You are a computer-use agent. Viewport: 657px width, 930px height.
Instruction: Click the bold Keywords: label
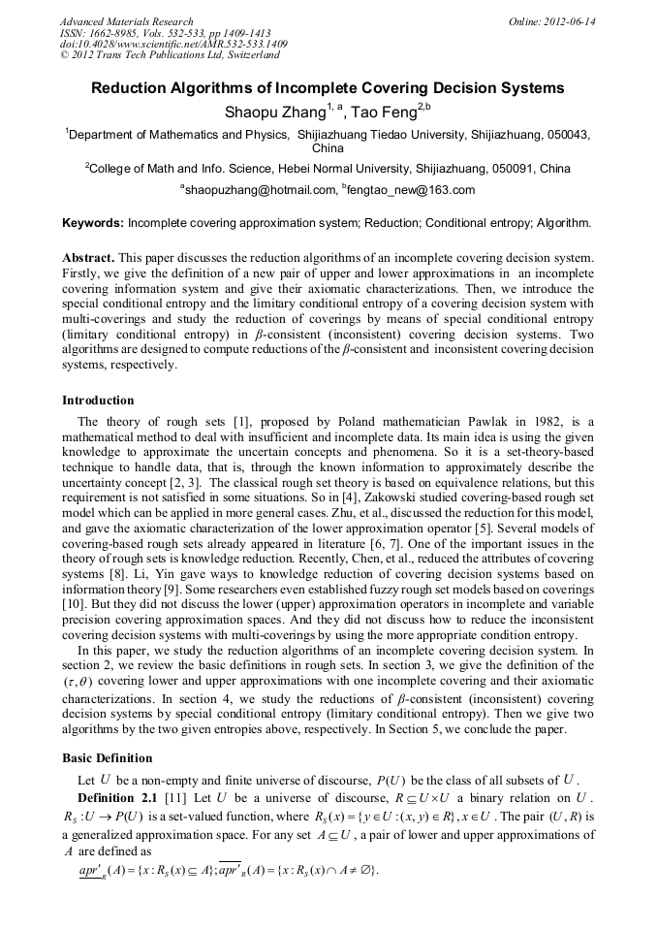(x=93, y=223)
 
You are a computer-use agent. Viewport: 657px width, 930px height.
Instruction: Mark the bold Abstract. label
(x=89, y=259)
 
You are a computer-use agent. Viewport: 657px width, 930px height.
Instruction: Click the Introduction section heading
(x=98, y=401)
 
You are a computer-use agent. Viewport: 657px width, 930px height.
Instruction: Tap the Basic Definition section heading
(x=107, y=757)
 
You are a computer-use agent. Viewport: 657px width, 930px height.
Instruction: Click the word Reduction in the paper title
(x=134, y=88)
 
